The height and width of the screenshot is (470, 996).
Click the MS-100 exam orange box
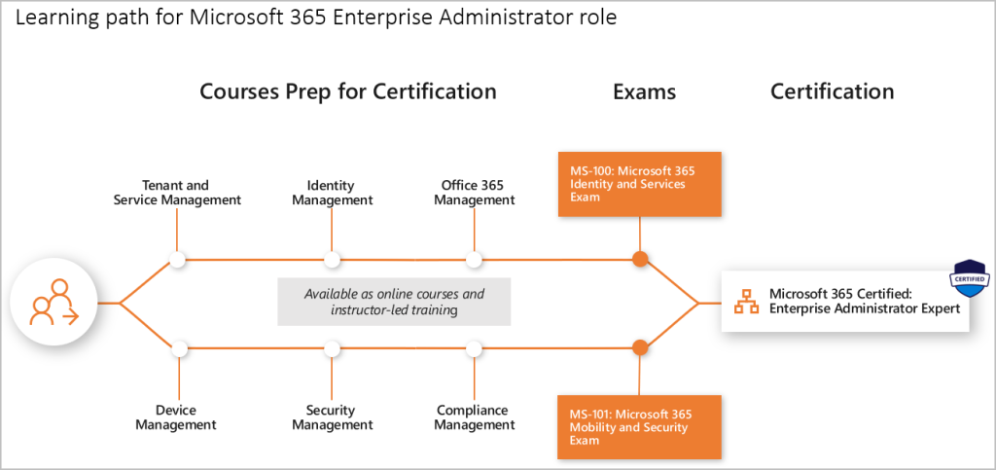coord(640,184)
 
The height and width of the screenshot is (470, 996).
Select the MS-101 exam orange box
coord(640,427)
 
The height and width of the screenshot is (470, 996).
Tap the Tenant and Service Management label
coord(177,193)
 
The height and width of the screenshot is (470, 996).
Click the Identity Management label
coord(332,193)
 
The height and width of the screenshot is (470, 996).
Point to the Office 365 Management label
coord(474,193)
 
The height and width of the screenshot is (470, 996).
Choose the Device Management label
coord(177,417)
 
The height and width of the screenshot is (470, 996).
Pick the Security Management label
coord(332,417)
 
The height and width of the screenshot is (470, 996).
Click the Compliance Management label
coord(474,417)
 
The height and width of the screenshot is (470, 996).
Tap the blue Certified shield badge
coord(969,278)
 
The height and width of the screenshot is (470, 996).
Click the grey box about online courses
coord(394,302)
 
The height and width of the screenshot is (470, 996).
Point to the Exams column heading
coord(644,92)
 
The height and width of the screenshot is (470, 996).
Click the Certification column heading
coord(833,91)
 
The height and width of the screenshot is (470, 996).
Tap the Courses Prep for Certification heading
coord(348,91)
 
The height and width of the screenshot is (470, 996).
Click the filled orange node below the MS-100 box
coord(640,259)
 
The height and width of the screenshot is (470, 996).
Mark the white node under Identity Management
coord(332,259)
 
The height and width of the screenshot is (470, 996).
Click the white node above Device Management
coord(179,348)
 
